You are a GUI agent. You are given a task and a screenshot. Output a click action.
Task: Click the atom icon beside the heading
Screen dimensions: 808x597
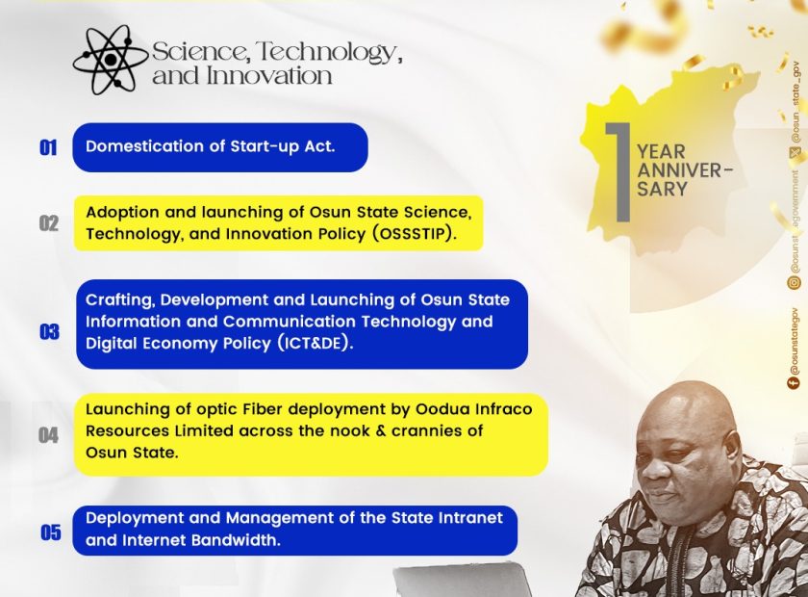point(111,60)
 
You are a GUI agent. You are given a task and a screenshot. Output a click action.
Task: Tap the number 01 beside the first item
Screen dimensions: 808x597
point(48,148)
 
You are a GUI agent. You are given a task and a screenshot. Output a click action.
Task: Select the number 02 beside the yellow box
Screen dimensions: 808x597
point(49,223)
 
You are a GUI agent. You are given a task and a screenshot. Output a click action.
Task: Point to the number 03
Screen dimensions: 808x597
point(49,332)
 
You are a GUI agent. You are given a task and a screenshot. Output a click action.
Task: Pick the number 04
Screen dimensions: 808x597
point(48,435)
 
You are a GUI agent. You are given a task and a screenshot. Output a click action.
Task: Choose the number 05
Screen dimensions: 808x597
point(50,532)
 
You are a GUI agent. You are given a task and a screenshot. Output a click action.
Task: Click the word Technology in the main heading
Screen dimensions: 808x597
point(329,52)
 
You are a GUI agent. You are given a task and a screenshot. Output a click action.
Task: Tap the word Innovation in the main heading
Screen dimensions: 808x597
point(269,76)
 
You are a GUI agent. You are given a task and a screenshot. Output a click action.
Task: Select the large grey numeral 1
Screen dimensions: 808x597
point(619,172)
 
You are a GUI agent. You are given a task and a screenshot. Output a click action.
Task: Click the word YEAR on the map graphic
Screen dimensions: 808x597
point(661,152)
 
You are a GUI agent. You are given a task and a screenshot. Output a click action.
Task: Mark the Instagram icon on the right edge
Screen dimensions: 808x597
point(795,282)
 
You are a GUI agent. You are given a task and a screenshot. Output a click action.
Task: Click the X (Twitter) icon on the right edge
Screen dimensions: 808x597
point(795,152)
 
